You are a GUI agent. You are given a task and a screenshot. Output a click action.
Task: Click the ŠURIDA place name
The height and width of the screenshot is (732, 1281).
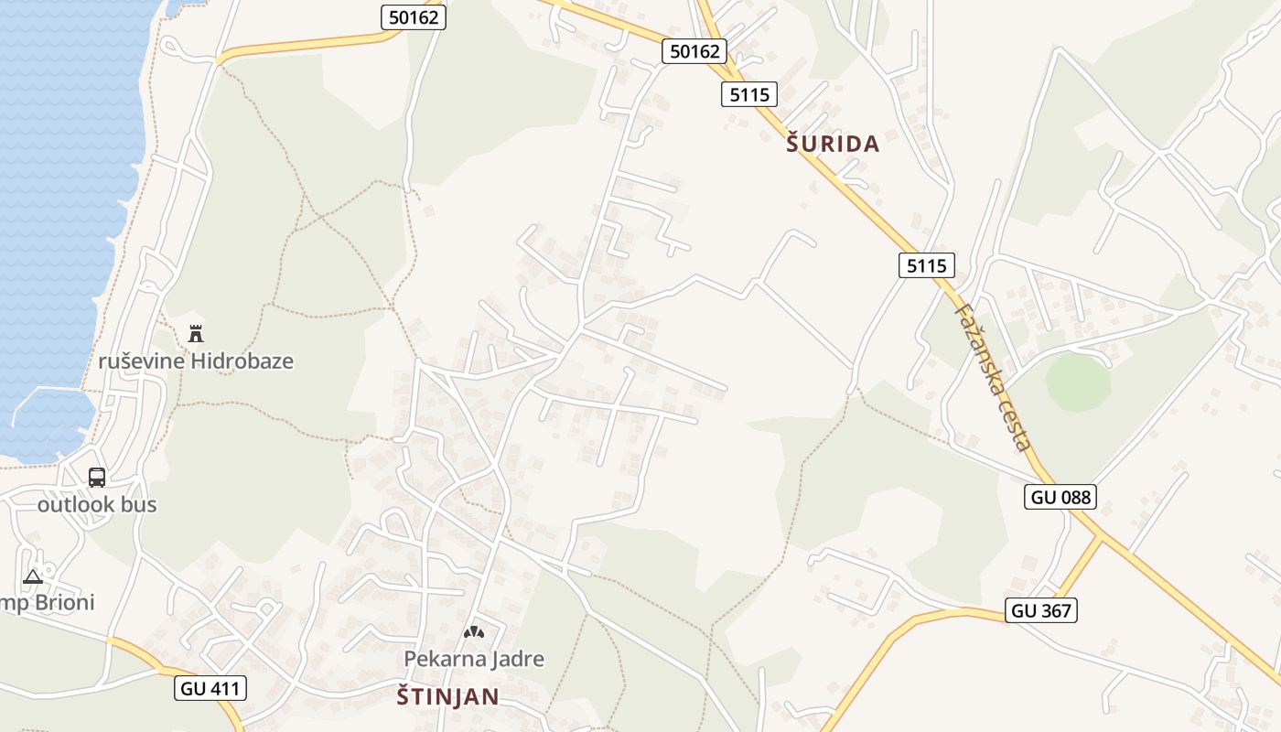tap(833, 144)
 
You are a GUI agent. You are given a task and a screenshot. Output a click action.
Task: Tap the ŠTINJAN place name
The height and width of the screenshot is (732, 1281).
tap(448, 696)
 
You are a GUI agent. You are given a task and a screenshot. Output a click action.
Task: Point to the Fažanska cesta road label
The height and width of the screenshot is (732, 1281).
tap(993, 375)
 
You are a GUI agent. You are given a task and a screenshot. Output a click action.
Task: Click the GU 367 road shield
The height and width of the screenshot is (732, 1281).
tap(1041, 610)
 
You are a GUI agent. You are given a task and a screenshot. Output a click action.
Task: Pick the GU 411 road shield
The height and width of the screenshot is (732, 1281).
tap(210, 688)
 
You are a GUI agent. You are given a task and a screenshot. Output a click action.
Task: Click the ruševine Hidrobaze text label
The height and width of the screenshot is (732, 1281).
tap(196, 361)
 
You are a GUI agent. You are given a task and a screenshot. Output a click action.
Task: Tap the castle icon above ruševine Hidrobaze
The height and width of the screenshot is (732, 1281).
tap(195, 333)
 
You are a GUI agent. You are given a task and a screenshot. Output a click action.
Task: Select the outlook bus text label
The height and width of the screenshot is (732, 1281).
tap(97, 504)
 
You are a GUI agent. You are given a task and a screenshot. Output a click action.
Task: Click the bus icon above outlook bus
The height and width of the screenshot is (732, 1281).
tap(97, 477)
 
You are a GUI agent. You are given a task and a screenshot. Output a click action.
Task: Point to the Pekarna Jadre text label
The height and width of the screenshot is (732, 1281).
tap(474, 659)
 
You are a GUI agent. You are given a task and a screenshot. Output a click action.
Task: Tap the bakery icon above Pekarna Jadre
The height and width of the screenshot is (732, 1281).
tap(473, 631)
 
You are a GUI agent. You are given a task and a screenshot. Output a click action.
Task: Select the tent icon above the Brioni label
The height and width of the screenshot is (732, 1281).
tap(33, 576)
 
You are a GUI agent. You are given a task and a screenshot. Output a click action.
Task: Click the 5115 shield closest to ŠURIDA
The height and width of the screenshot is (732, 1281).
tap(749, 93)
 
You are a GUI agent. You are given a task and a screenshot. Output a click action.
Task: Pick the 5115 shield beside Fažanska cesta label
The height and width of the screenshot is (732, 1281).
tap(926, 265)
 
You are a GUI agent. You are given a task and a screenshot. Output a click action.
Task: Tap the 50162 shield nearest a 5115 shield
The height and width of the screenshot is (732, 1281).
tap(694, 51)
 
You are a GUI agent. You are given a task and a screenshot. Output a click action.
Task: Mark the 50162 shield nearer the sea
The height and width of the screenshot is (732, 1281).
tap(414, 16)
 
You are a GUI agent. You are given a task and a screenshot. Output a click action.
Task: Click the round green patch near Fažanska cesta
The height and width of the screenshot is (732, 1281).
tap(1078, 382)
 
